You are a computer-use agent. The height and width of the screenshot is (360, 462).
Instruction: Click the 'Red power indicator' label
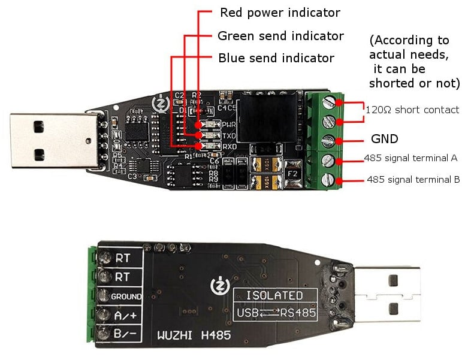(x=280, y=13)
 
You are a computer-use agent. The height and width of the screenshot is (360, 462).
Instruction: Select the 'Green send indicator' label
(x=280, y=36)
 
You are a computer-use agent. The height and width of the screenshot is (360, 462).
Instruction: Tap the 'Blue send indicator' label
(x=276, y=58)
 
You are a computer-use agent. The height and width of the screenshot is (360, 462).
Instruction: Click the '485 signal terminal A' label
(x=412, y=158)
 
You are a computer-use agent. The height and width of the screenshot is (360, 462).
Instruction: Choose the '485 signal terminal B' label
(x=413, y=179)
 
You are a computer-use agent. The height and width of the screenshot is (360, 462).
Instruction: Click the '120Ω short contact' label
(x=412, y=110)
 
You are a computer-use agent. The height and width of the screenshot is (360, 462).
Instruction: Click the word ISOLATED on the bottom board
(x=275, y=295)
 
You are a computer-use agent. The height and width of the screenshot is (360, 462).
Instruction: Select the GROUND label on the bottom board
(x=126, y=297)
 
